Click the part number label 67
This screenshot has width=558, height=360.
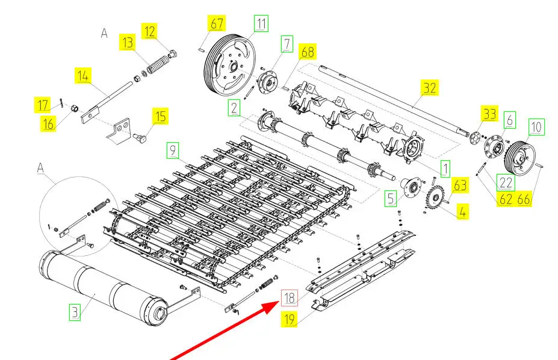coord(216,24)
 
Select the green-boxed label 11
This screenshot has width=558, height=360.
coord(261,24)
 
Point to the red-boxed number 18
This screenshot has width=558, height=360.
coord(290,297)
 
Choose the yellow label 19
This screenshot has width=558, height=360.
coord(290,319)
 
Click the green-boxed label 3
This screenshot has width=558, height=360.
coord(74,312)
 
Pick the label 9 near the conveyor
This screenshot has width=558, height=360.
coord(173,151)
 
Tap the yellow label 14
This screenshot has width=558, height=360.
coord(83,76)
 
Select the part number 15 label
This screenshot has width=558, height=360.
coord(160,116)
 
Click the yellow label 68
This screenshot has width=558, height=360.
coord(308,52)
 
